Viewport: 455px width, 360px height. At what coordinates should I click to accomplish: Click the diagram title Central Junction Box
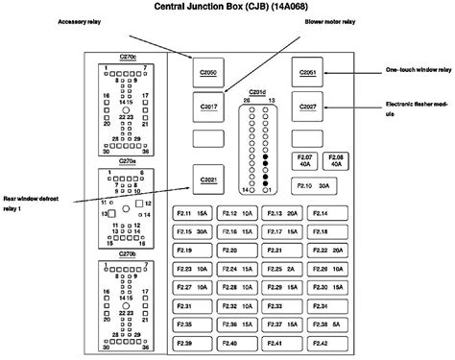pos(227,9)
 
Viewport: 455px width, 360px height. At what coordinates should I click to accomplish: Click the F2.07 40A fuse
pos(305,159)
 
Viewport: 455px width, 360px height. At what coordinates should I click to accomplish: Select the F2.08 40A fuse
pos(337,159)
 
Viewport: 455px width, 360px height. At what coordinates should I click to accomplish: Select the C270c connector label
pos(128,58)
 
